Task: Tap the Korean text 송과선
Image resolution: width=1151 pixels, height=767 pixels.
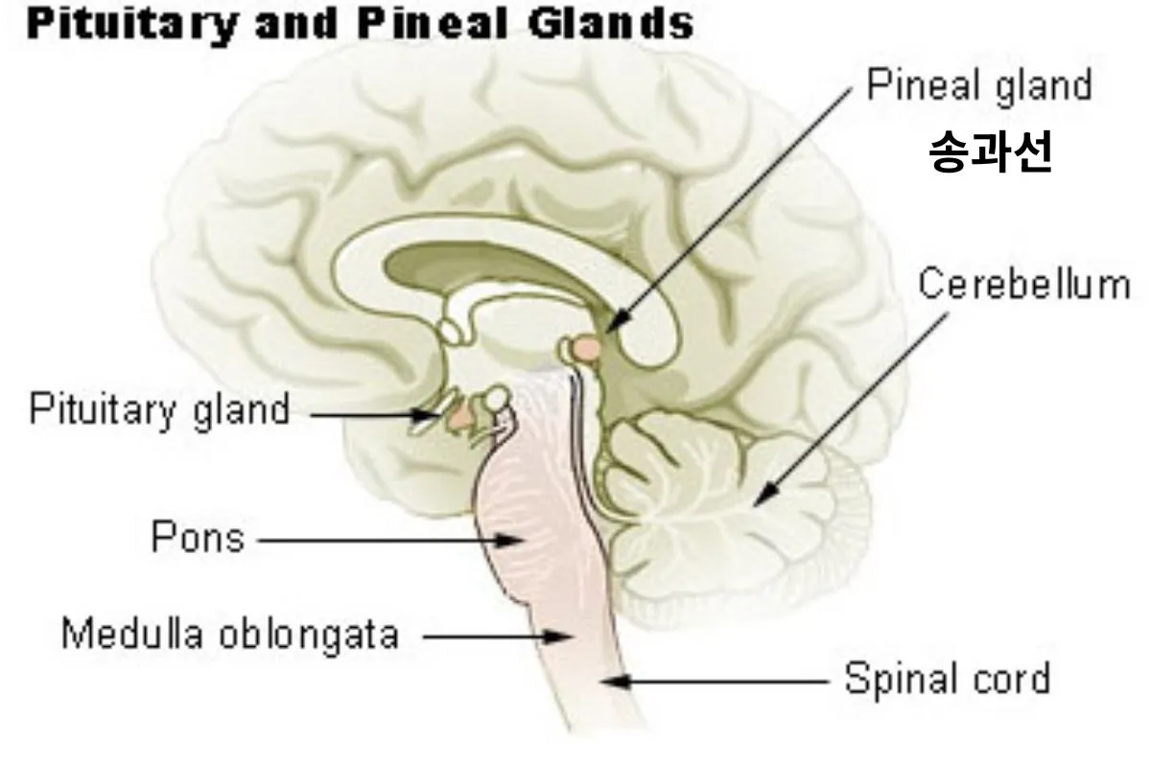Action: pyautogui.click(x=991, y=153)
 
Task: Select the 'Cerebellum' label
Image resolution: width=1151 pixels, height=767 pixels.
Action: pyautogui.click(x=1023, y=285)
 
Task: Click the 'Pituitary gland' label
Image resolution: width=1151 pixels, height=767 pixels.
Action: pyautogui.click(x=159, y=410)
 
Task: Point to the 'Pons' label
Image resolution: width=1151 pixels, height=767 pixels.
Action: pyautogui.click(x=198, y=538)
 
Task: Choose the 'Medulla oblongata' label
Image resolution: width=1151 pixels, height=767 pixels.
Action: pyautogui.click(x=230, y=634)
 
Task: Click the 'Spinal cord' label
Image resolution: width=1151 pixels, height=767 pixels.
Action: pyautogui.click(x=947, y=680)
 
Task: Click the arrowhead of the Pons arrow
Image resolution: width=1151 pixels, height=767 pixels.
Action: pyautogui.click(x=516, y=541)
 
